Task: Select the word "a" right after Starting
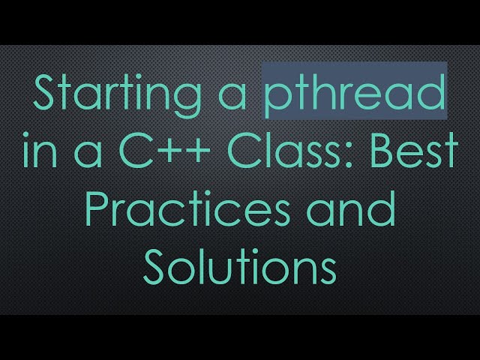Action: coord(238,98)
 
